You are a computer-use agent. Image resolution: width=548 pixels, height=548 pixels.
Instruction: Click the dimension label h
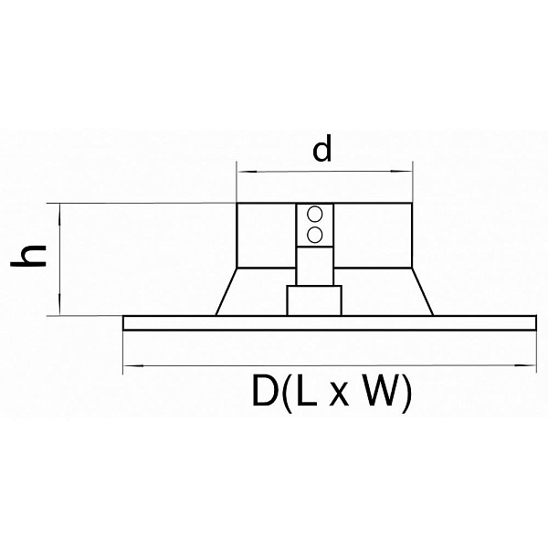(x=28, y=255)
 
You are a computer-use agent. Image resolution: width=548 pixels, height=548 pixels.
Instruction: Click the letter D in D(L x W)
(x=265, y=390)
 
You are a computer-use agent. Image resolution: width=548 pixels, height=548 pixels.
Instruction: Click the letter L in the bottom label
(x=307, y=390)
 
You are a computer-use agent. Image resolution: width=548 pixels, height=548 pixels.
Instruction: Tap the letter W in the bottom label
(x=380, y=390)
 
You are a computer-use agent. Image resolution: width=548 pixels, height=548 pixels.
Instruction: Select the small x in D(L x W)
(x=339, y=395)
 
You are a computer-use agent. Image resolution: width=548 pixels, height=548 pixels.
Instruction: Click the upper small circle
(x=314, y=214)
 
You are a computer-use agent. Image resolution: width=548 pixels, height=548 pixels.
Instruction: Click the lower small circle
(x=314, y=235)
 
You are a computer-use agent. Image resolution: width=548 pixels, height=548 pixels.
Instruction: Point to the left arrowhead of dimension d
(x=248, y=172)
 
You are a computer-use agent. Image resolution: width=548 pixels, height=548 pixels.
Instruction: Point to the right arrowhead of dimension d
(x=402, y=171)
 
